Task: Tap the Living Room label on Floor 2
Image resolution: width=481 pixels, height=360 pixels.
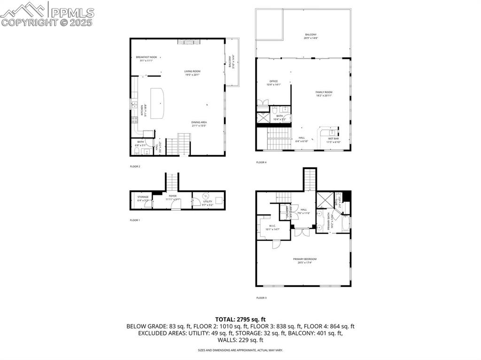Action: coord(192,73)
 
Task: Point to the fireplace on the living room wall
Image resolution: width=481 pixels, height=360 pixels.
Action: coord(188,42)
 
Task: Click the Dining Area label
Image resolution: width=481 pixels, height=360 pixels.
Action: coord(199,124)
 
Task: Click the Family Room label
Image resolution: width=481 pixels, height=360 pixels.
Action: coord(324,93)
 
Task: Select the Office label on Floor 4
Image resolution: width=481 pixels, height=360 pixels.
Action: coord(273,83)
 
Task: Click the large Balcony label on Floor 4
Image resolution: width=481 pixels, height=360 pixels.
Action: coord(310,36)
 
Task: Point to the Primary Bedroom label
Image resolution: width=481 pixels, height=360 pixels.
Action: coord(305,260)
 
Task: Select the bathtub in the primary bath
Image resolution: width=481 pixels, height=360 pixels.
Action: coord(346,223)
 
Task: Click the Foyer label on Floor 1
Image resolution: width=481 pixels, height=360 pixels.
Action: coord(172,197)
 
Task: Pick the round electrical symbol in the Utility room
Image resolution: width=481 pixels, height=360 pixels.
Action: coord(204,196)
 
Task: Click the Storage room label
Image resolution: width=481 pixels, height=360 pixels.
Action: coord(143,198)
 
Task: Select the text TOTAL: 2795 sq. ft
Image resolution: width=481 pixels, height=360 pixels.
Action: coord(240,319)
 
